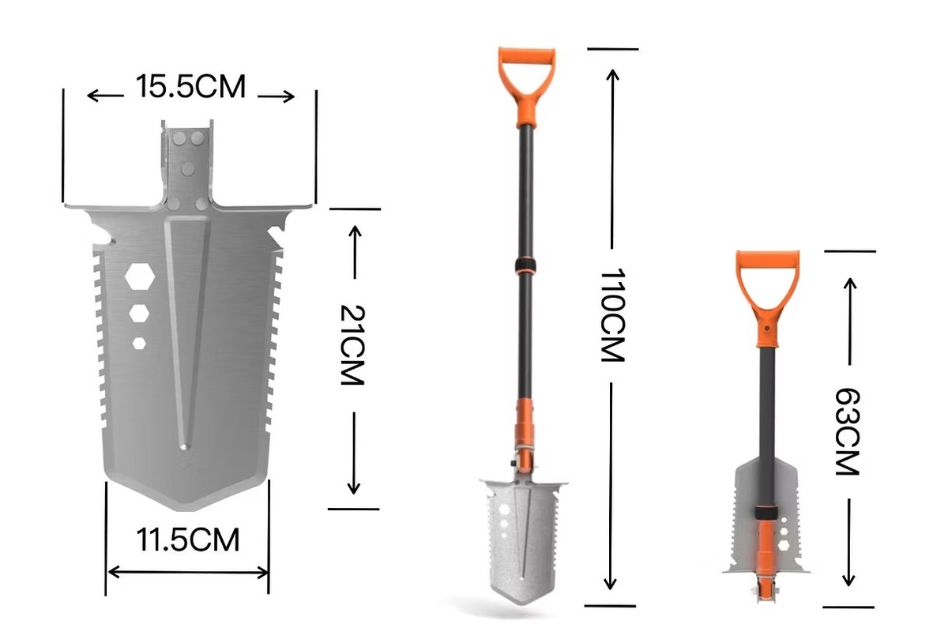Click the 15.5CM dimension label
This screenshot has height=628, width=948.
pos(190,87)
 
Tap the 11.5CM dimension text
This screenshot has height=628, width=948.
pos(187,541)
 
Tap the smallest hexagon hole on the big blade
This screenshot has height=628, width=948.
pos(140,343)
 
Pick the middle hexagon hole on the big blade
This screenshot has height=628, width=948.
pos(139,313)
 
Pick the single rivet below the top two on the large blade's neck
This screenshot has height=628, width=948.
pos(188,167)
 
